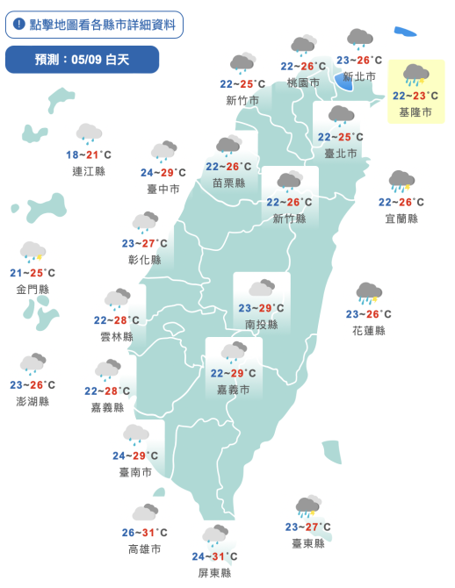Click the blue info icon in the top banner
[19, 25]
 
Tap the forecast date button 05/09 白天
[82, 60]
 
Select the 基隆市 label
[415, 112]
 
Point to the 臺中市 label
[163, 189]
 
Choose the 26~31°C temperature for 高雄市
[144, 533]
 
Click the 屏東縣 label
[214, 572]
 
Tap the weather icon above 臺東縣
[307, 507]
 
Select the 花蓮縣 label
[369, 330]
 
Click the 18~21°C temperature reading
[88, 154]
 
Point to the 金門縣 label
[32, 289]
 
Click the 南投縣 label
[261, 324]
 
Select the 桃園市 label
[303, 82]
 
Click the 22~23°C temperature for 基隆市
[415, 96]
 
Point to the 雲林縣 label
[117, 336]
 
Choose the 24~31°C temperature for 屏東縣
[214, 556]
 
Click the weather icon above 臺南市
[135, 434]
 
